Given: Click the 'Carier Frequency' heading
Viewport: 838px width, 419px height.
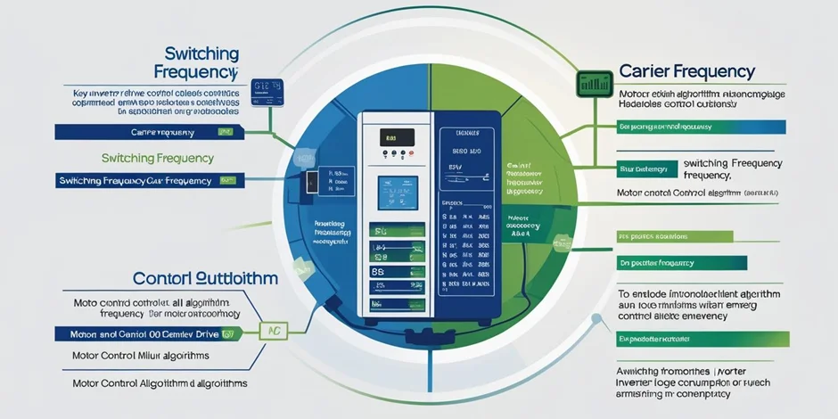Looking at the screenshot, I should [686, 71].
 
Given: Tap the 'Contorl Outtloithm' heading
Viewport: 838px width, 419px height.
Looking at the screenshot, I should [205, 277].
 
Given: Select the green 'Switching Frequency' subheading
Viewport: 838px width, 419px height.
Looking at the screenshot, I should [158, 158].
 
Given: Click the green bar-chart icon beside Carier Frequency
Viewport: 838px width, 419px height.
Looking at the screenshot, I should [592, 84].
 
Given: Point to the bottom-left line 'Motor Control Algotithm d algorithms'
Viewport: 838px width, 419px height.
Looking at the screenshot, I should [159, 383].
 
